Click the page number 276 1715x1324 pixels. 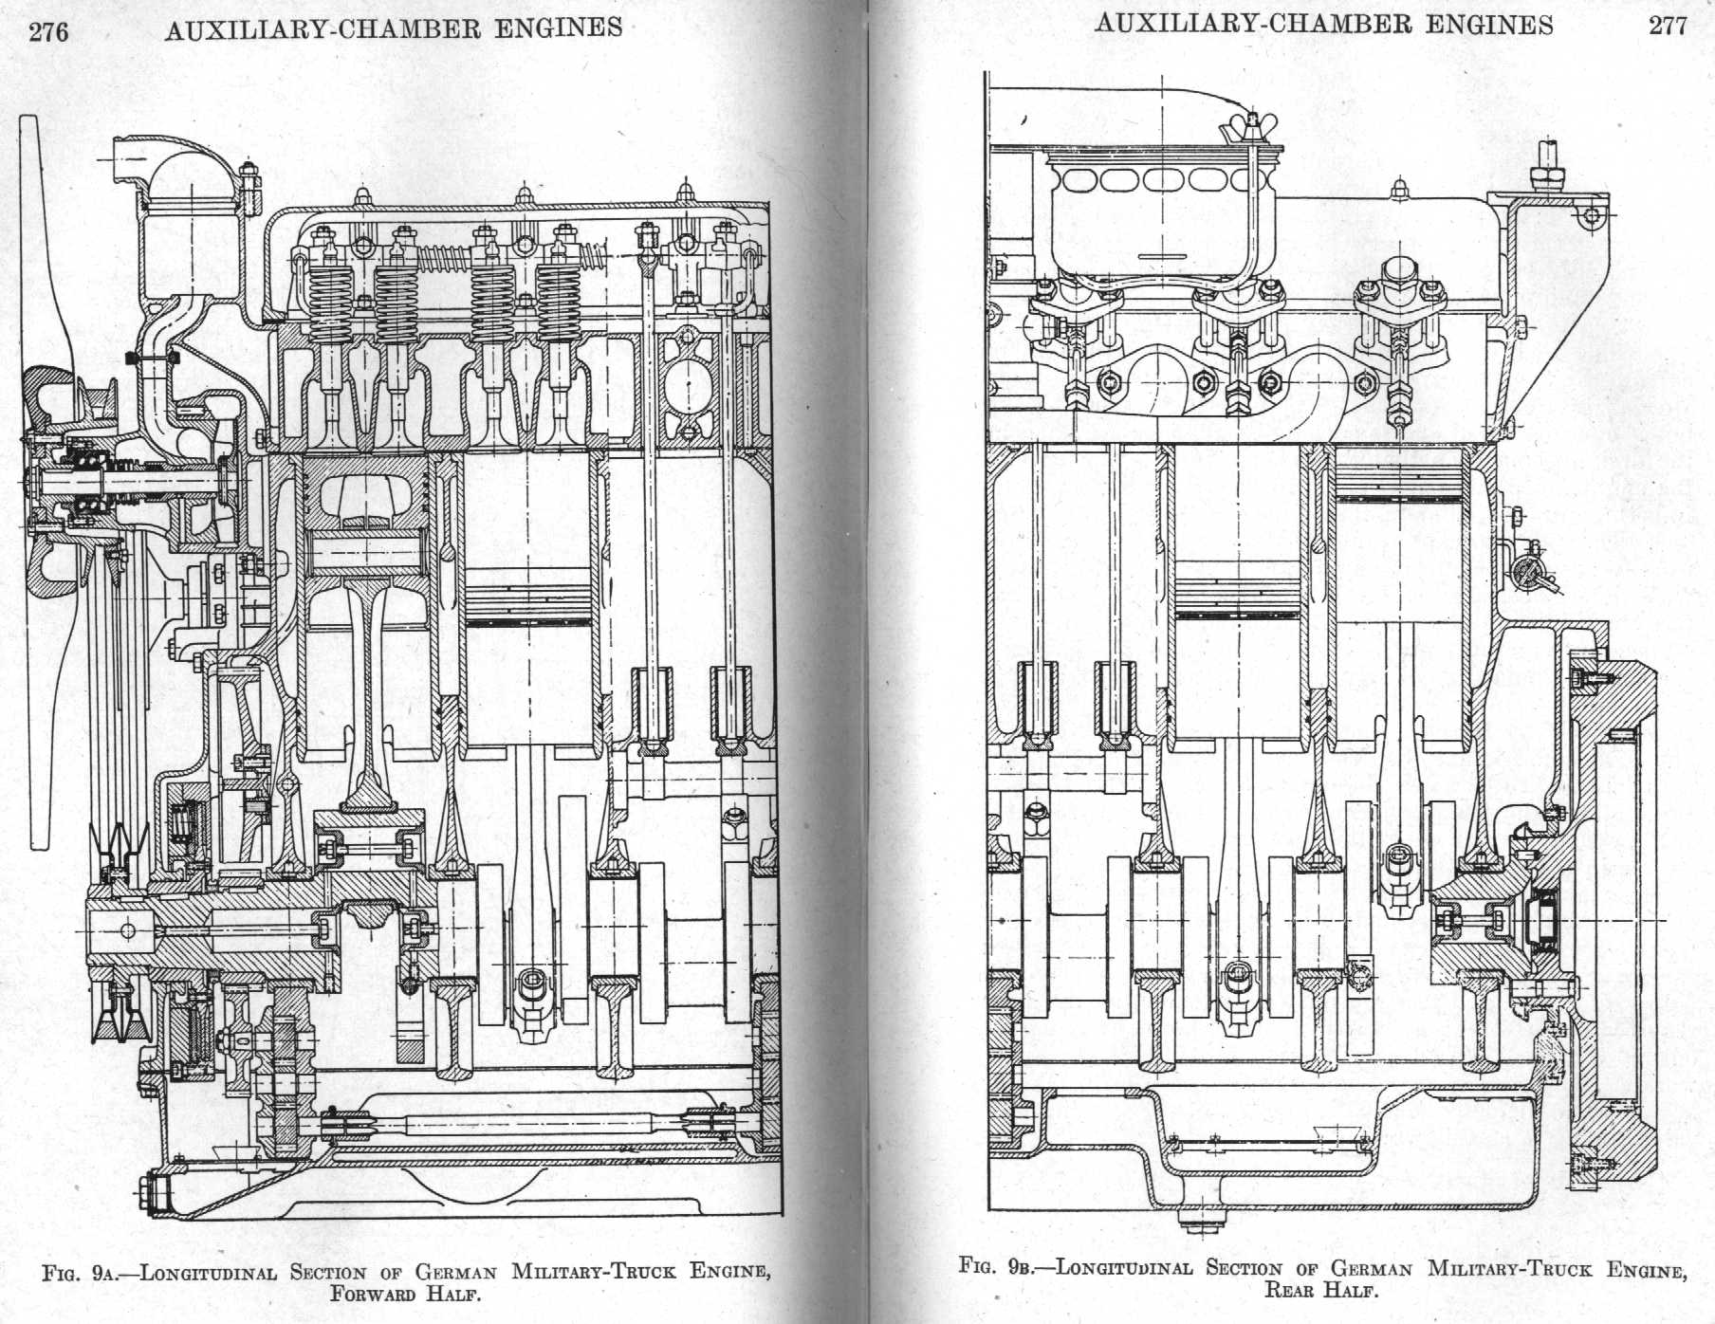pos(48,32)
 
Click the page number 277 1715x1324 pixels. pos(1667,26)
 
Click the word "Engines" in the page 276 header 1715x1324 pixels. pos(559,28)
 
